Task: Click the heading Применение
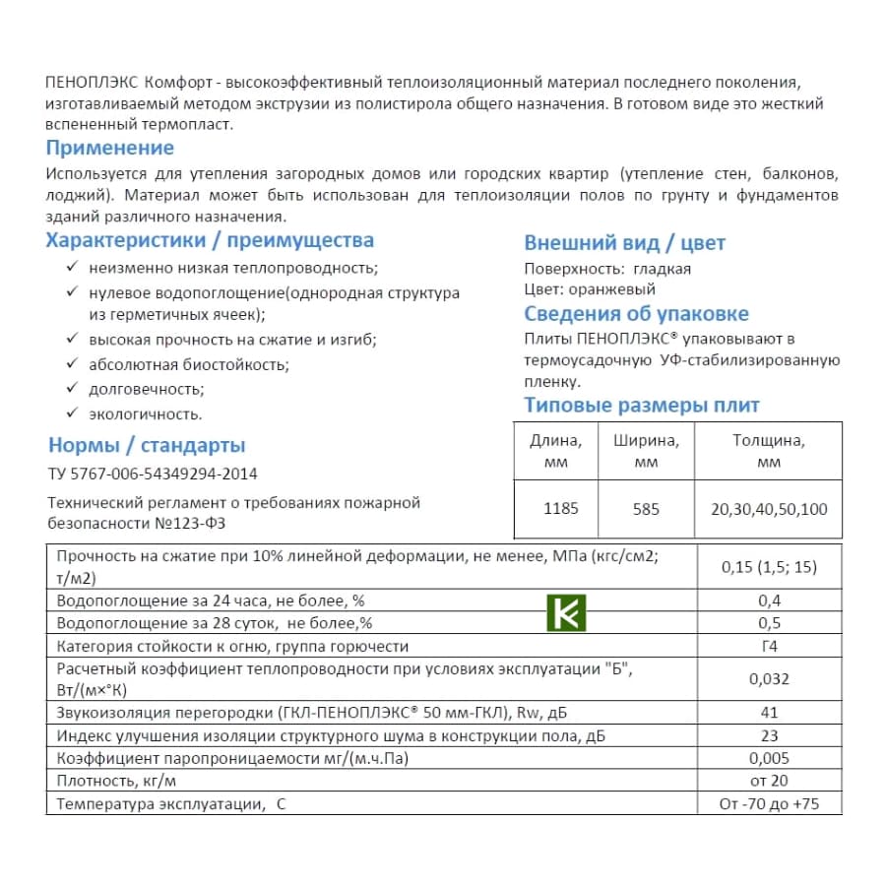(110, 149)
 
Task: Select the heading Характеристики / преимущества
(210, 241)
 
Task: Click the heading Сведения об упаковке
(636, 314)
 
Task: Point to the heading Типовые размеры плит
(642, 406)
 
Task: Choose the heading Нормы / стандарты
(147, 446)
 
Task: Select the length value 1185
(561, 509)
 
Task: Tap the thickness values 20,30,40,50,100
(769, 509)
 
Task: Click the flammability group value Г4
(769, 647)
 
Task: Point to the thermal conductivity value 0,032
(769, 679)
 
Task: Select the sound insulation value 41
(769, 712)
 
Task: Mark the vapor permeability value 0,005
(769, 758)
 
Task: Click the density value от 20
(769, 781)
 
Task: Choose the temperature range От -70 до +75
(769, 804)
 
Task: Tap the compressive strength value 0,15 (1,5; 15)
(769, 567)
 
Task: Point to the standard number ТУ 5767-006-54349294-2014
(153, 475)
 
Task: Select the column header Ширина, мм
(647, 451)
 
